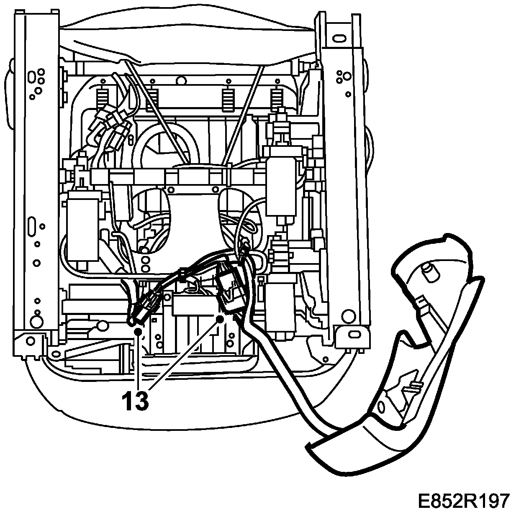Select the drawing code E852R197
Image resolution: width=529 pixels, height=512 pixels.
(464, 500)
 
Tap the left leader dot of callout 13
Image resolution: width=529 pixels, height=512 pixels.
(138, 332)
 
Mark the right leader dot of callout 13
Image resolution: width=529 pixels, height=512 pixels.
(219, 320)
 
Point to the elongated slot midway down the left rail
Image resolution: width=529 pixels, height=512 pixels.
(31, 227)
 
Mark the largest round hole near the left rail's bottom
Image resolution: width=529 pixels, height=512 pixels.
(37, 321)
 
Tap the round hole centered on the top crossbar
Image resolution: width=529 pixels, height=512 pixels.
(181, 78)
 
